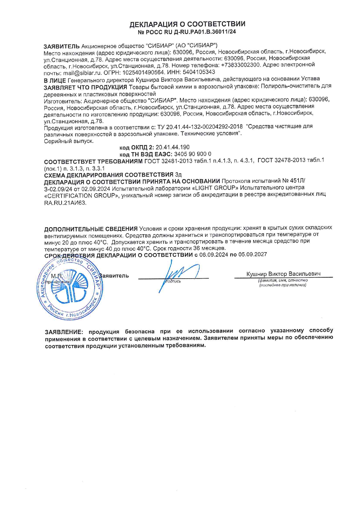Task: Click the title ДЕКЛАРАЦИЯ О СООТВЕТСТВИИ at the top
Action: point(187,24)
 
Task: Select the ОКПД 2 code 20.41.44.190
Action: point(172,147)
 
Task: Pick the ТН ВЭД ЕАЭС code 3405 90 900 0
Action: point(192,154)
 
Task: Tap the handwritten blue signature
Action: point(177,274)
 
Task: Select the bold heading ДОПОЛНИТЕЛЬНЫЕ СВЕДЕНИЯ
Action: point(91,229)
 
